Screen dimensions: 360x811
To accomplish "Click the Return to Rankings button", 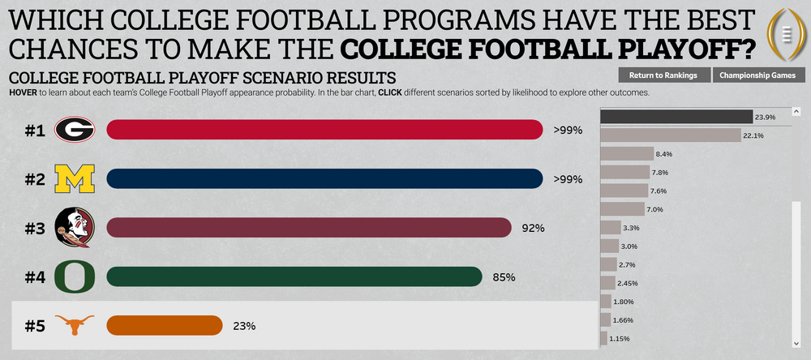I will pos(663,75).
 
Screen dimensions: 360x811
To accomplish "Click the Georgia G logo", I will pos(75,129).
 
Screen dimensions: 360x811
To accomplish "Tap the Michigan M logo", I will pos(75,178).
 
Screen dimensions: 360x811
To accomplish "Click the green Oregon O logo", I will pos(75,276).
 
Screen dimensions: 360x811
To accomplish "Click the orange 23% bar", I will pos(164,325).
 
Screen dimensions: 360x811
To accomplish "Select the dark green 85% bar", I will pos(294,276).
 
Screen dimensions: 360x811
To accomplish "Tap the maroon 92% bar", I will pos(308,228).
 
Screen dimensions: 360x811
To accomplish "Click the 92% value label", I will pos(533,229).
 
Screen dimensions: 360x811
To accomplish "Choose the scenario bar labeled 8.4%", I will pos(627,153).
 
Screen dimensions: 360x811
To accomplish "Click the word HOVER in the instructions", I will pos(24,92).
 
